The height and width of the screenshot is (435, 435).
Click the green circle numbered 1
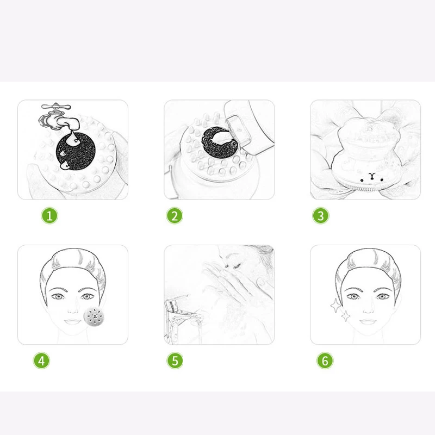coord(49,215)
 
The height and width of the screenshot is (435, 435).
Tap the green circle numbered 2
coord(175,215)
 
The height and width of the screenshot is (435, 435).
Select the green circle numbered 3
coord(321,215)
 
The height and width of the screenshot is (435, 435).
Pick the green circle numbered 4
coord(41,361)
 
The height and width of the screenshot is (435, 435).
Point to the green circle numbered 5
coord(175,361)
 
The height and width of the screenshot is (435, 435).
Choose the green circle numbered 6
coord(325,361)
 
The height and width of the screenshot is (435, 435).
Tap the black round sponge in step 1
coord(76,152)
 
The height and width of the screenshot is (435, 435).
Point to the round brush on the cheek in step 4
coord(94,316)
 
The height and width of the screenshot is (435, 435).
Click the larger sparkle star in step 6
coord(336,306)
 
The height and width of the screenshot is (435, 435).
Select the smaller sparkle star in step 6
coord(345,316)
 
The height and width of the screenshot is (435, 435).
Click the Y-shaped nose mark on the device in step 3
coord(372,176)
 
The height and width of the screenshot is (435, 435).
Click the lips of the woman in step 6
coord(368,321)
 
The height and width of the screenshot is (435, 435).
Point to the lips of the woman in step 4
coord(73,321)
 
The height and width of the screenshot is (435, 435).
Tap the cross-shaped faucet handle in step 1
coord(56,106)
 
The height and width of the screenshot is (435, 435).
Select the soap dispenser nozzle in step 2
coord(239,128)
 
